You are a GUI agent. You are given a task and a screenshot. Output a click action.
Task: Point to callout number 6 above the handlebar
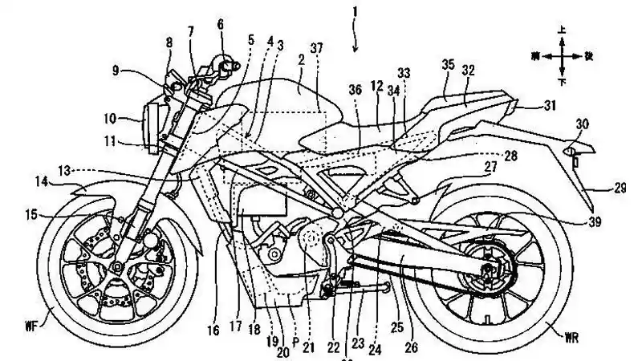point(221,24)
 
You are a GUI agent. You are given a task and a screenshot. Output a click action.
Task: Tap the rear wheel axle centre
point(486,274)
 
